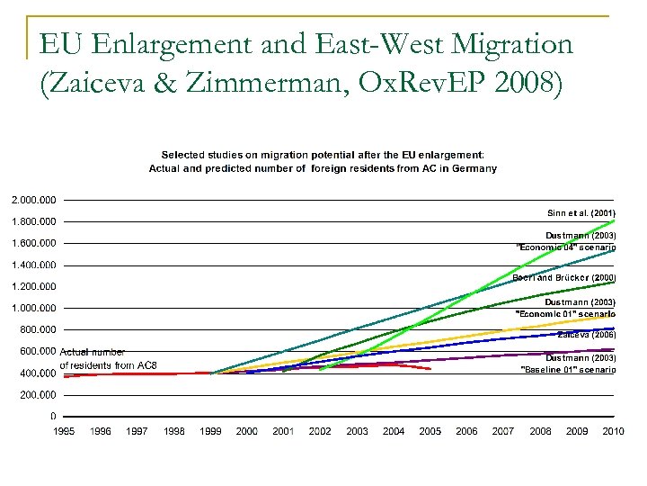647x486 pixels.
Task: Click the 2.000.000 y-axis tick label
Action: pyautogui.click(x=33, y=199)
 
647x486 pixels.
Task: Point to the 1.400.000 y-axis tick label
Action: pyautogui.click(x=33, y=265)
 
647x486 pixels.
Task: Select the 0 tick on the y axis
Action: pyautogui.click(x=53, y=416)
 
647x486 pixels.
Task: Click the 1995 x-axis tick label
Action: pyautogui.click(x=64, y=431)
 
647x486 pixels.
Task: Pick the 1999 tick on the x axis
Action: pyautogui.click(x=210, y=431)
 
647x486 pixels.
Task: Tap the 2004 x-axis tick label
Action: pyautogui.click(x=394, y=431)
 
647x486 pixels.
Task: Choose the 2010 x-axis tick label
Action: pyautogui.click(x=613, y=431)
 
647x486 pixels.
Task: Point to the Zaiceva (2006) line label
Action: pyautogui.click(x=586, y=334)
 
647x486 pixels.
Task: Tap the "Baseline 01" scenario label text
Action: pyautogui.click(x=568, y=369)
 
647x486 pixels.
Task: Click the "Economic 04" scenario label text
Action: pyautogui.click(x=566, y=247)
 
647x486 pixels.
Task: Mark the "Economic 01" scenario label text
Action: pyautogui.click(x=567, y=313)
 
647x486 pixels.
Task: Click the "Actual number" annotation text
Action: pyautogui.click(x=93, y=352)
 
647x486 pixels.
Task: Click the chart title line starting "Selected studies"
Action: pyautogui.click(x=323, y=155)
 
